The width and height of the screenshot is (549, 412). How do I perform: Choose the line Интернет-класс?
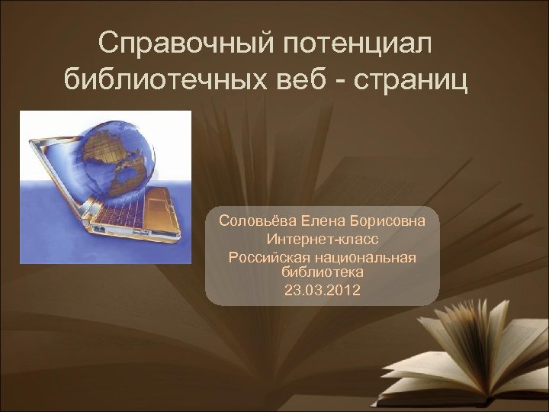pyautogui.click(x=322, y=240)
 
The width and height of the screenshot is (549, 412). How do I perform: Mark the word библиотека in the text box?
pyautogui.click(x=322, y=272)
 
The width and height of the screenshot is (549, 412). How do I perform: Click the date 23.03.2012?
pyautogui.click(x=322, y=290)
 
